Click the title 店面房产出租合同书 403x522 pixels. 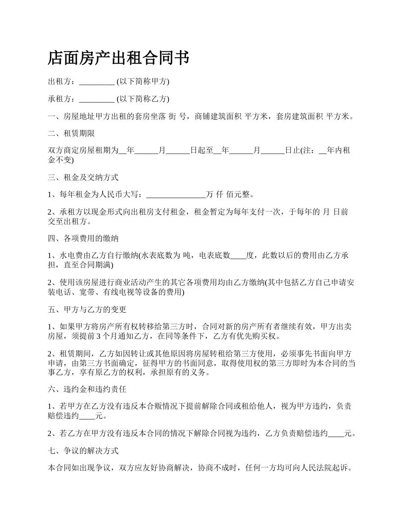pos(118,58)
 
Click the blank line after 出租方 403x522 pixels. pos(97,82)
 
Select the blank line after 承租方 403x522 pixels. pos(97,99)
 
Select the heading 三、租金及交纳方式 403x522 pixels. pos(83,177)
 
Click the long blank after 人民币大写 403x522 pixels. pos(176,195)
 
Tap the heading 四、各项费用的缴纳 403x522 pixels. pos(83,239)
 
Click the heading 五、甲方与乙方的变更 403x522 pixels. pos(87,310)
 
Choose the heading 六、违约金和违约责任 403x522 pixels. pos(87,389)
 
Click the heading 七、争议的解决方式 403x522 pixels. pos(83,450)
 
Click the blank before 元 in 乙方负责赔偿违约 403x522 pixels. pos(336,433)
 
